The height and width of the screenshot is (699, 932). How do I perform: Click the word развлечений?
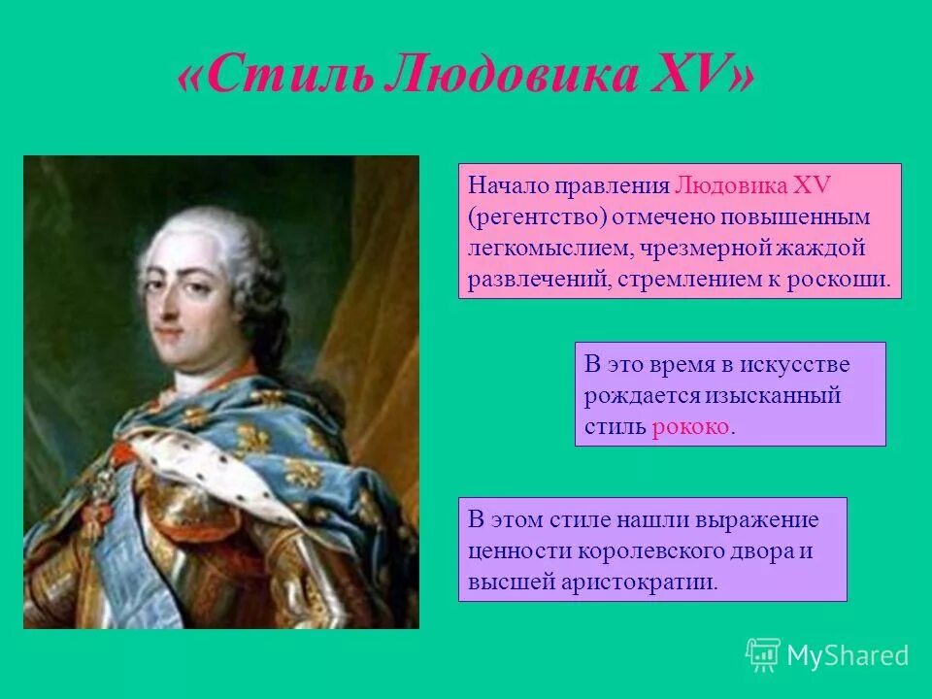531,280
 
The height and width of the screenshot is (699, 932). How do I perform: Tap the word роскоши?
844,280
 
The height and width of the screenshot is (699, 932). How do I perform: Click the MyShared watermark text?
848,655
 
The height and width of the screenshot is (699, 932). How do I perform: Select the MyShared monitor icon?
763,654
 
